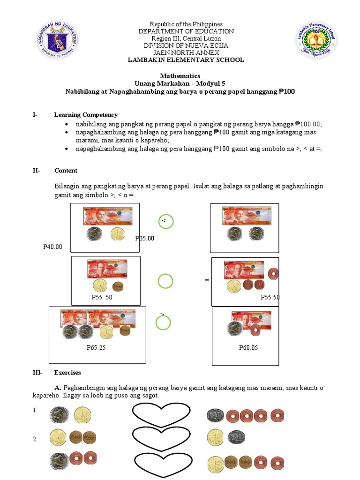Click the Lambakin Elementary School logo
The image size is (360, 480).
315,41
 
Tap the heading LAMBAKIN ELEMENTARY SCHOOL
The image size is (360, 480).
186,60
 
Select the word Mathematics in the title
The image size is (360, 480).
180,75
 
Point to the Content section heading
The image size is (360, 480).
66,171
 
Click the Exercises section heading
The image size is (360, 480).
67,373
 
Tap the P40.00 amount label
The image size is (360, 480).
52,247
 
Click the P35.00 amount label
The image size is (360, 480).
145,238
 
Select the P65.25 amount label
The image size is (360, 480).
97,348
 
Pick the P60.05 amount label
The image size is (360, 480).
248,348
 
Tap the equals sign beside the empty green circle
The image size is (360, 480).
207,280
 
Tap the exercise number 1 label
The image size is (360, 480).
35,411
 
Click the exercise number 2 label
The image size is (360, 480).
35,439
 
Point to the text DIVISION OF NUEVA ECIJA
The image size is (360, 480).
186,45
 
